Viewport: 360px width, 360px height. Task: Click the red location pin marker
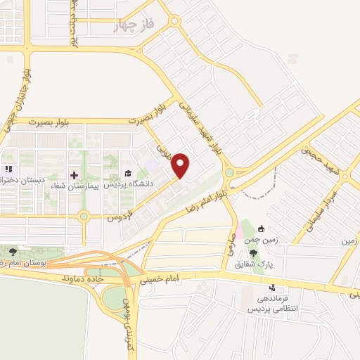tap(181, 165)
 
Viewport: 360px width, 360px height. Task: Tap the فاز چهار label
tap(136, 27)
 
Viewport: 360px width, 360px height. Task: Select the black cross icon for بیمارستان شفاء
tap(74, 174)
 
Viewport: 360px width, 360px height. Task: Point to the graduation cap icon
tap(127, 174)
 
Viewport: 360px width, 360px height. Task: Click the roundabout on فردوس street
tap(84, 217)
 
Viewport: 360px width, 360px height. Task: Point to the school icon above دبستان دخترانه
tap(8, 169)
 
